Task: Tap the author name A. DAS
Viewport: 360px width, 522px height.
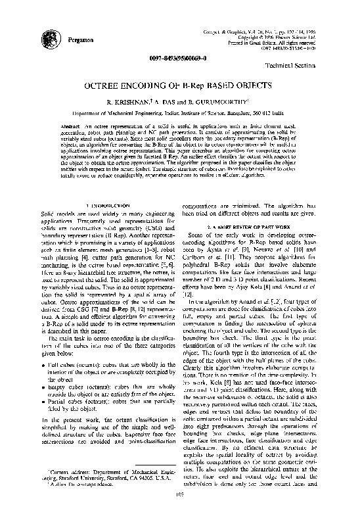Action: (169, 103)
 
